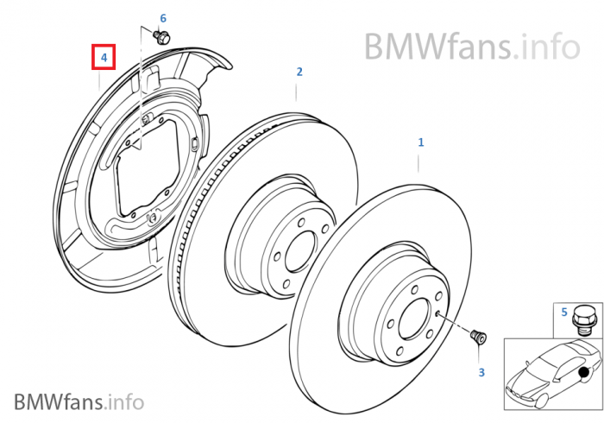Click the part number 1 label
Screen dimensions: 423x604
tap(421, 142)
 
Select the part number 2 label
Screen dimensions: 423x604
tap(299, 72)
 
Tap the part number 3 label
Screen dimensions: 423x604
tap(481, 372)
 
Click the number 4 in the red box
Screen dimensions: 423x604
tap(103, 58)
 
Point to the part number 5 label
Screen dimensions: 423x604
tap(564, 311)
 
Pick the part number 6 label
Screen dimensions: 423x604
tap(163, 18)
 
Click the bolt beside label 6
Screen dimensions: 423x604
tap(161, 36)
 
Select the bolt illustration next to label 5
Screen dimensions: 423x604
tap(583, 321)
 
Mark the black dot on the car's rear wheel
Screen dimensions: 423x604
tap(586, 374)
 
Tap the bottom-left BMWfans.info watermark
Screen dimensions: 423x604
tap(78, 401)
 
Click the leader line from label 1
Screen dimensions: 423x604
tap(420, 161)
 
